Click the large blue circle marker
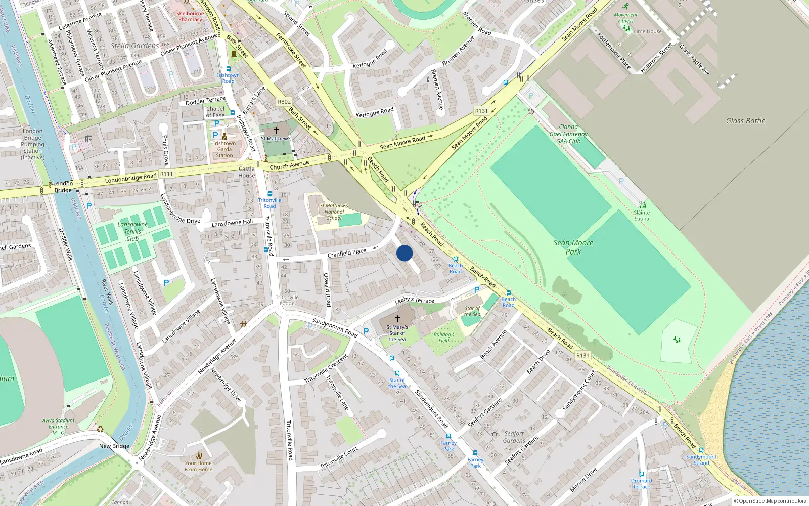point(404,253)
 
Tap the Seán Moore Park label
point(573,247)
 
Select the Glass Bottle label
point(745,121)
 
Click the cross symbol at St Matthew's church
point(276,131)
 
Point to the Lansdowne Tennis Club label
point(132,231)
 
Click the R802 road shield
point(284,102)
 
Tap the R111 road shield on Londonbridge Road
point(166,174)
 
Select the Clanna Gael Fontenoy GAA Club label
point(568,134)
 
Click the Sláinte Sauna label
point(642,216)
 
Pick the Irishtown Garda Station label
point(224,149)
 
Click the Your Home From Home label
point(198,466)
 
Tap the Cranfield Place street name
point(347,253)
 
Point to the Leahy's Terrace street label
point(414,300)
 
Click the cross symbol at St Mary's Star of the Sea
point(397,319)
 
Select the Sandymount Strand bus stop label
point(701,459)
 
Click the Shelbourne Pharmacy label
point(190,16)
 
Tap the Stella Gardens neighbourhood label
point(134,46)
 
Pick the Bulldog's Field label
point(444,338)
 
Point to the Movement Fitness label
point(625,18)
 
